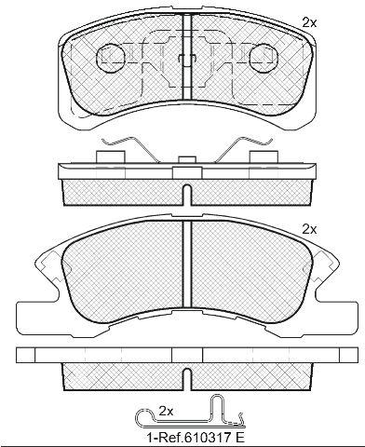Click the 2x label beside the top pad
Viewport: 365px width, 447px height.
(x=309, y=23)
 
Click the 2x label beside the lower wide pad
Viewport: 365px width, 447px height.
(x=309, y=229)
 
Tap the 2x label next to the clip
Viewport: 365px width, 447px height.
(x=166, y=412)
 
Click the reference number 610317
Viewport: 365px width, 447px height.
(x=209, y=438)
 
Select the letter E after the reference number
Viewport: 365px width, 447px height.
(x=240, y=438)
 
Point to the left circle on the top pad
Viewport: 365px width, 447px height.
(x=111, y=58)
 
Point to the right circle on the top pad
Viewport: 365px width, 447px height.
(x=264, y=58)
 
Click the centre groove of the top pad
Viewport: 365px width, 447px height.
(x=186, y=57)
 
